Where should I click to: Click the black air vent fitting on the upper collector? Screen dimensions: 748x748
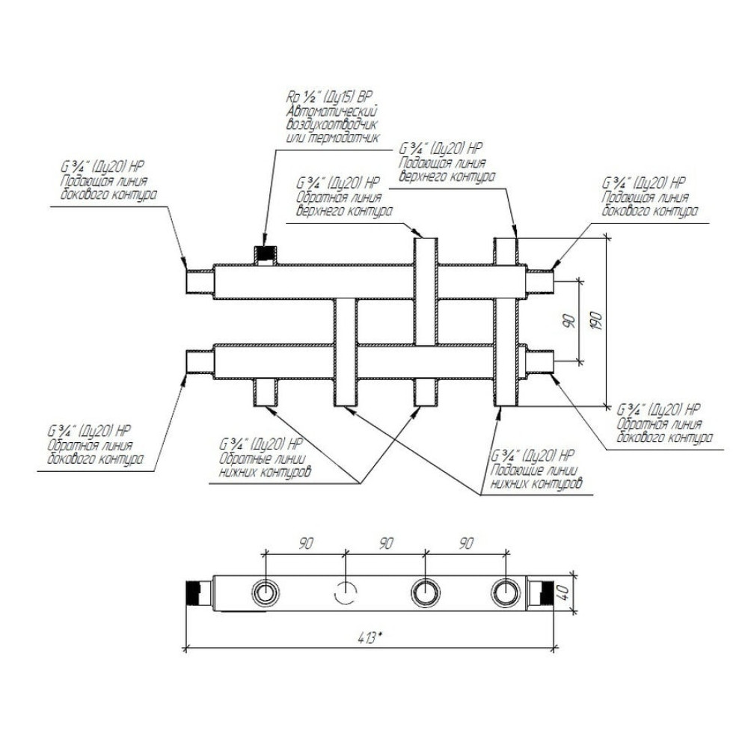coord(266,254)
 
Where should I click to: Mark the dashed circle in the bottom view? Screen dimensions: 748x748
coord(346,593)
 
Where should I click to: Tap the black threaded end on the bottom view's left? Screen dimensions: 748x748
coord(194,593)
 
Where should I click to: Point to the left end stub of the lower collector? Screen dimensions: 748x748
coord(200,363)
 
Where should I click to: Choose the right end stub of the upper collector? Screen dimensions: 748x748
coord(540,281)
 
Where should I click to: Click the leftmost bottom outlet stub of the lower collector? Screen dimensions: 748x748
coord(266,393)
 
